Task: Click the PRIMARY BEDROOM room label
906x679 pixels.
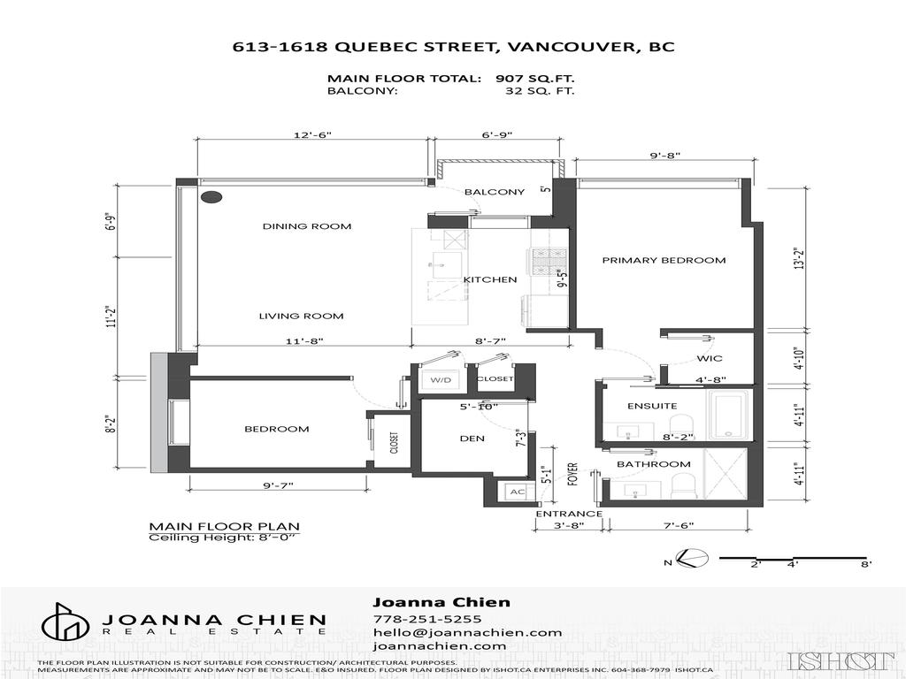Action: pyautogui.click(x=664, y=260)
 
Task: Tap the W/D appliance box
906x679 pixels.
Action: pyautogui.click(x=440, y=379)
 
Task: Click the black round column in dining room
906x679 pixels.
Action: pyautogui.click(x=211, y=198)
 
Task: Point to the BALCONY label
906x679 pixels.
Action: pyautogui.click(x=495, y=192)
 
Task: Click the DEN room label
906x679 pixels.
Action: pyautogui.click(x=472, y=438)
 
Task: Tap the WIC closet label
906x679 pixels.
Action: pyautogui.click(x=710, y=358)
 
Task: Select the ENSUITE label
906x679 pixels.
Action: pyautogui.click(x=652, y=406)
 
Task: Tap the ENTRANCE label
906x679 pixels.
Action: pyautogui.click(x=569, y=514)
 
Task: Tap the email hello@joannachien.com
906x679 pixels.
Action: pyautogui.click(x=467, y=632)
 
